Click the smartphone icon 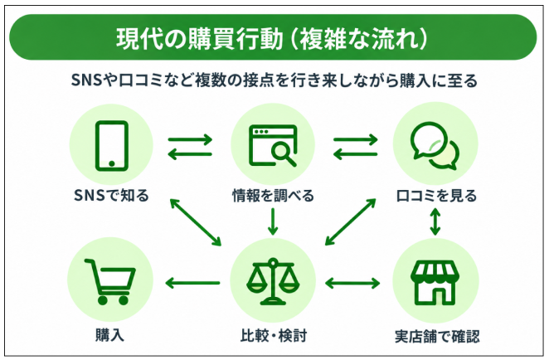[x=112, y=146]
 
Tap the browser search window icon [x=273, y=145]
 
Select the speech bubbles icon [x=435, y=146]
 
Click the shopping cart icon [x=110, y=281]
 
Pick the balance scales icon [x=273, y=281]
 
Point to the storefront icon [x=435, y=282]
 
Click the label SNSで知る [x=111, y=196]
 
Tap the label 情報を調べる [x=273, y=196]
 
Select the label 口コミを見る [x=436, y=196]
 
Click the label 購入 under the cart [x=110, y=335]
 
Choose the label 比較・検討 [x=274, y=335]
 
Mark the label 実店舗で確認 [x=437, y=336]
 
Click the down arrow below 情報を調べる [x=273, y=221]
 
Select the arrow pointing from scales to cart [x=192, y=283]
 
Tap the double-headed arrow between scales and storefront [x=352, y=283]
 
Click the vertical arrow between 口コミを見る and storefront [x=435, y=221]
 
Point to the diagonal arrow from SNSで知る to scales [x=196, y=222]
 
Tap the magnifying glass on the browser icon [x=284, y=154]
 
